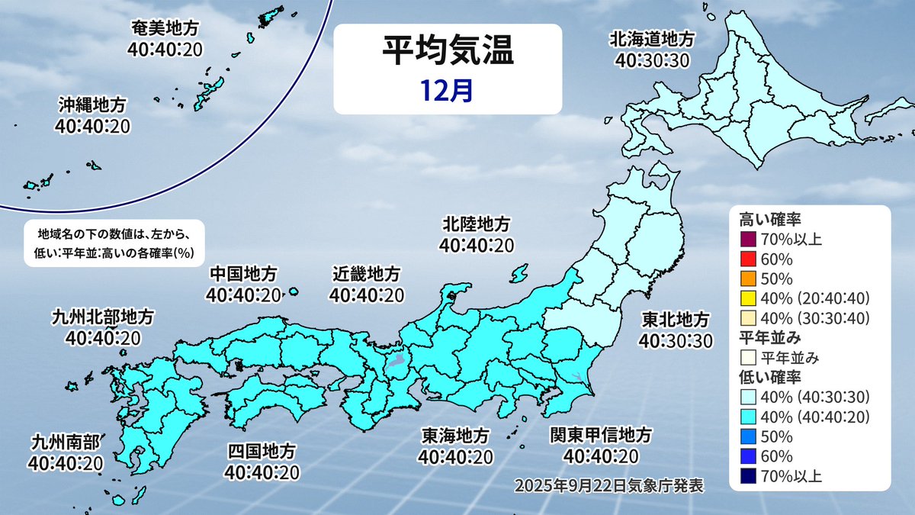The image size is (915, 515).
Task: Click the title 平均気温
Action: pos(448,54)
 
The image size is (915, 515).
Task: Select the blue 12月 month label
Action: pos(448,90)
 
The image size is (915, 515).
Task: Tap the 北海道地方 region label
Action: pos(652,38)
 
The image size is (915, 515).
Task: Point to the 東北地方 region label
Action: pos(675,319)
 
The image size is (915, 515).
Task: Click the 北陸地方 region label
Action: pos(477,225)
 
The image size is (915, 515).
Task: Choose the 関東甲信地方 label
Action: pos(602,436)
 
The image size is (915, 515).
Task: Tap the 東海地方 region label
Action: pos(456,436)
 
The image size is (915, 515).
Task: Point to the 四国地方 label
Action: pos(261,452)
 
